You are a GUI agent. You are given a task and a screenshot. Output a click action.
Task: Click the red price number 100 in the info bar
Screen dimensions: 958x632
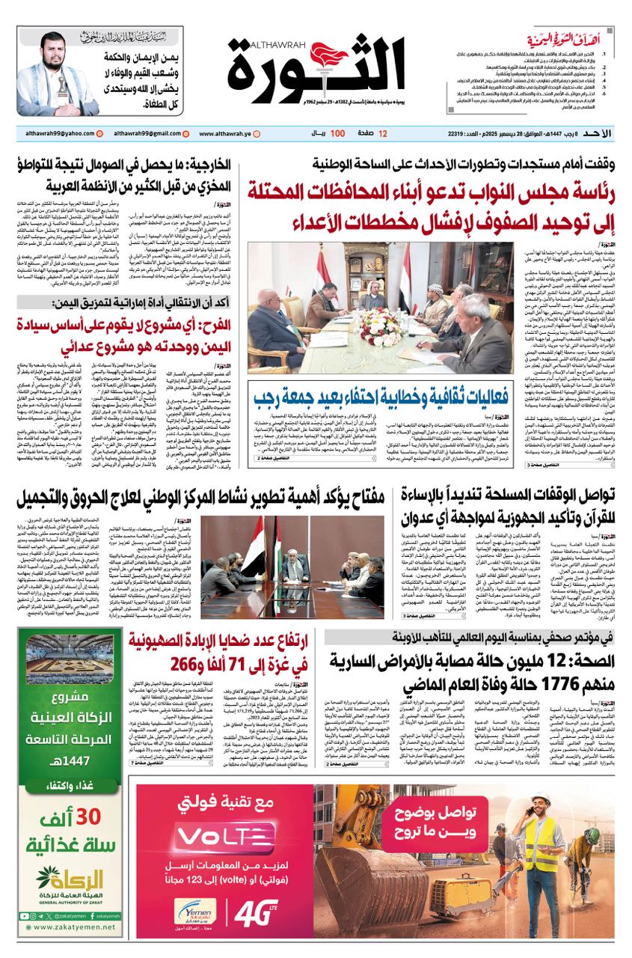337,134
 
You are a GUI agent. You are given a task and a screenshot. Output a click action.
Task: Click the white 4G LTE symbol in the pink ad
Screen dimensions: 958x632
256,914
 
